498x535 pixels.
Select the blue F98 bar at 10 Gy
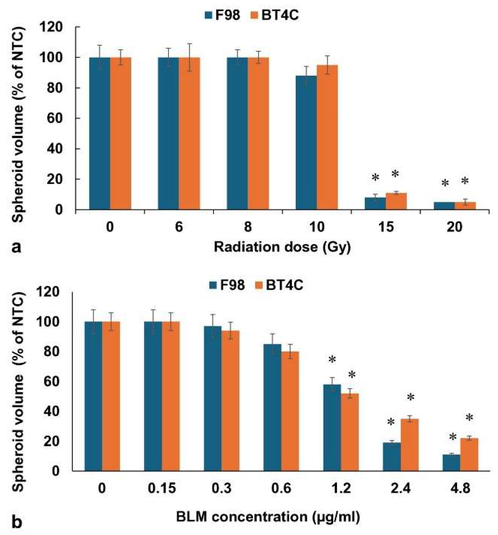point(306,142)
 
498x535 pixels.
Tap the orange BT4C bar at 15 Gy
point(396,201)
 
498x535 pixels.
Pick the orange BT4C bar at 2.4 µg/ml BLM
point(409,445)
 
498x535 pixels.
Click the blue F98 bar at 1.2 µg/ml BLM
point(332,428)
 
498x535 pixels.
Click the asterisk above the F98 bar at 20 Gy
point(445,183)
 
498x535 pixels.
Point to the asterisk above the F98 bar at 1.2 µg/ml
point(332,360)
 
